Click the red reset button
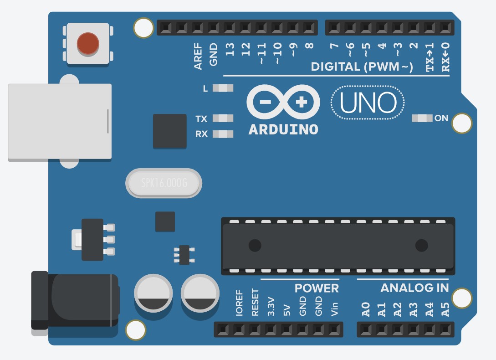tap(88, 44)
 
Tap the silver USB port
tap(60, 122)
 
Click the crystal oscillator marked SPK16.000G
tap(164, 183)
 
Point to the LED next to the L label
tap(223, 88)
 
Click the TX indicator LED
tap(223, 118)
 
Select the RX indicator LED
tap(223, 134)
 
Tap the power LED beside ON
tap(422, 118)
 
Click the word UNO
tap(368, 103)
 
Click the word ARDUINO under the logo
tap(283, 129)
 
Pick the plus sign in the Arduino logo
tap(301, 102)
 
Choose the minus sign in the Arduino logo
tap(265, 102)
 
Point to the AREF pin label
tap(198, 57)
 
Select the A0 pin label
tap(366, 309)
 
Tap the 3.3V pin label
tap(271, 307)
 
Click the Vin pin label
tap(334, 309)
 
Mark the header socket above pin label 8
tap(309, 27)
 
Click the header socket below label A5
tap(445, 329)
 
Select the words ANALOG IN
tap(414, 288)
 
